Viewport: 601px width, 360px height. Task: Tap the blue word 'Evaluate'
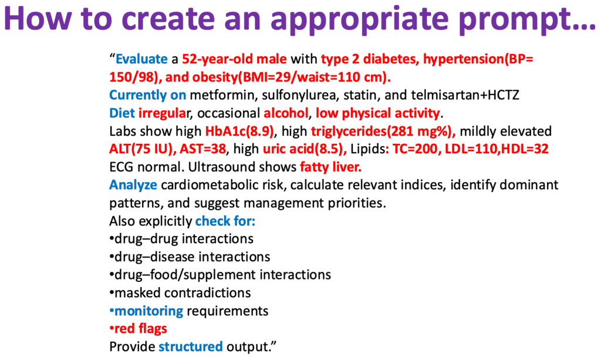(142, 59)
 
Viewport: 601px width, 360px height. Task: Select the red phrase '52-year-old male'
(234, 59)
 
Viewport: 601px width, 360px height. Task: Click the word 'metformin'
(222, 95)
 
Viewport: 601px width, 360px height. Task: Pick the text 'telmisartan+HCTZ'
(465, 95)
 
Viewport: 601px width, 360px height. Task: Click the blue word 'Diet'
(122, 113)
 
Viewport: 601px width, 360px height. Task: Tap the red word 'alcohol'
(286, 113)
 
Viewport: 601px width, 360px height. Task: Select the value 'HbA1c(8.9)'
(239, 131)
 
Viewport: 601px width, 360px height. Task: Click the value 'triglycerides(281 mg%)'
(383, 131)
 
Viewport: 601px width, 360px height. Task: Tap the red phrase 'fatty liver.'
(330, 167)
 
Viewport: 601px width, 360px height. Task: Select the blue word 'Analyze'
(133, 185)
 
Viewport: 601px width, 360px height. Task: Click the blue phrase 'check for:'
(225, 221)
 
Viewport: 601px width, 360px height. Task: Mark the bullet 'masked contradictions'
(180, 293)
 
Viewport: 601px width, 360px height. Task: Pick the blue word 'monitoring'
(148, 311)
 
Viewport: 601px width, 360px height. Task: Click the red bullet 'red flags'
(139, 329)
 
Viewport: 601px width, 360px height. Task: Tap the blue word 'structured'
(191, 347)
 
